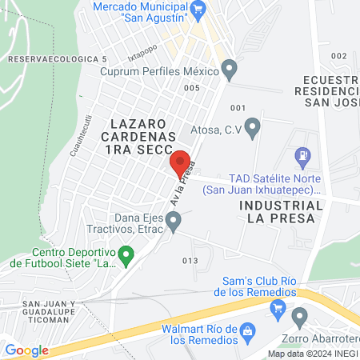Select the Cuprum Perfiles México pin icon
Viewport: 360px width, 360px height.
230,70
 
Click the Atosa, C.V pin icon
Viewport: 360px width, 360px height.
253,126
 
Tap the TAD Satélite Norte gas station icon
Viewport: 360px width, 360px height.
303,155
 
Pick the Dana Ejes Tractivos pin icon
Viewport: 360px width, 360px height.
174,218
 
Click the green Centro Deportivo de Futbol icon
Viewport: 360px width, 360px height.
126,256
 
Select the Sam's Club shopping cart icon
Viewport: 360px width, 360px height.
278,307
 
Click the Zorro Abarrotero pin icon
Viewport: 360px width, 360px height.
300,317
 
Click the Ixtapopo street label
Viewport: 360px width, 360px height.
163,58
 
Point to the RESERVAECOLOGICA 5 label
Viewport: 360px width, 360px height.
57,60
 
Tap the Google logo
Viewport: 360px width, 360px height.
26,350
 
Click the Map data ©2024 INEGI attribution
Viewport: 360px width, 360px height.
311,354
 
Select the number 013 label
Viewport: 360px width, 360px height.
190,261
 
